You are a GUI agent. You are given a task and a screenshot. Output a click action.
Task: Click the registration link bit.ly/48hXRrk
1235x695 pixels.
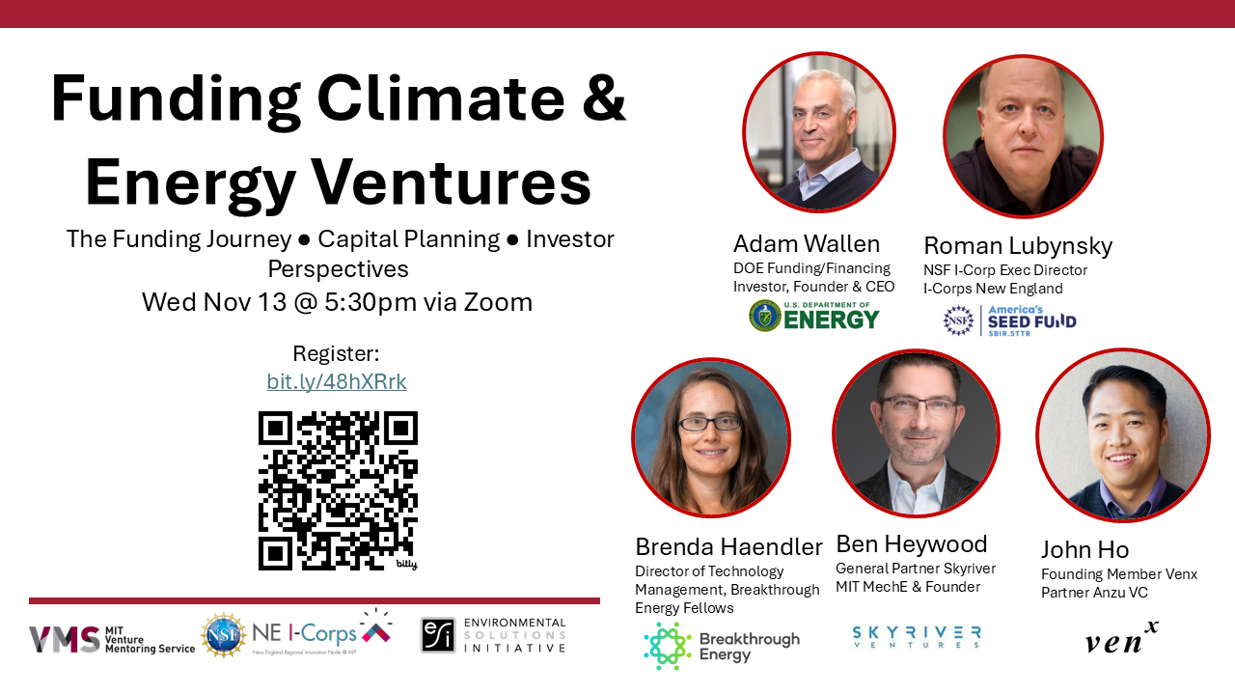pos(337,381)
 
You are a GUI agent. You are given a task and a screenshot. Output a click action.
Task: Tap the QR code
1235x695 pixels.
pos(338,490)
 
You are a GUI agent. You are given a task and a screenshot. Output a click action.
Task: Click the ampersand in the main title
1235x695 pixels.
pos(604,98)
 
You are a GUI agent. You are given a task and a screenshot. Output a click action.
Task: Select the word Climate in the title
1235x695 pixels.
pos(441,98)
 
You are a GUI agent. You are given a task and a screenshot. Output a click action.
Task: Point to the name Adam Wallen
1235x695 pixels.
pos(807,244)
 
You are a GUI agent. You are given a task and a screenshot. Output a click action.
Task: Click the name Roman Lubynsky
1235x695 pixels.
pos(1018,246)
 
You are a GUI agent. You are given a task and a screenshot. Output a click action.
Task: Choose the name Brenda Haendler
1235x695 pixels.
pos(728,547)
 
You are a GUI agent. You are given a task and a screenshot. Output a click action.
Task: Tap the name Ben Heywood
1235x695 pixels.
pos(912,544)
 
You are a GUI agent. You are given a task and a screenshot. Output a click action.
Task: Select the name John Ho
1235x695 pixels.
pos(1084,550)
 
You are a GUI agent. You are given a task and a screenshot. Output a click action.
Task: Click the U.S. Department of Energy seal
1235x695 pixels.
pos(765,316)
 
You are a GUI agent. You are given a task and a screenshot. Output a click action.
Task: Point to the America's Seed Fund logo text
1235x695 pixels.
pos(1031,320)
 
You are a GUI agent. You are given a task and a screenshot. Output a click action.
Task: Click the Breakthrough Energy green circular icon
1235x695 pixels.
pos(668,646)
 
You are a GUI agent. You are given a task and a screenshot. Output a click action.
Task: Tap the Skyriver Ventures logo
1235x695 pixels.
pos(917,637)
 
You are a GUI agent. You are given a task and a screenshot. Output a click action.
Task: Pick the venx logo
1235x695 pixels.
pos(1121,638)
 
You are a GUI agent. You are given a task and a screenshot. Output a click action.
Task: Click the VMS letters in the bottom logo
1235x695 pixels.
pos(65,640)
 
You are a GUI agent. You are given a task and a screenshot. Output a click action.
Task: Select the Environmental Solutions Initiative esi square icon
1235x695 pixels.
pos(438,635)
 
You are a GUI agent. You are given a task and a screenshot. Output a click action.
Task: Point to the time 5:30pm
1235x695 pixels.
pos(370,302)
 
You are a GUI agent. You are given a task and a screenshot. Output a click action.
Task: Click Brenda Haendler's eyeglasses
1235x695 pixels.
pos(709,424)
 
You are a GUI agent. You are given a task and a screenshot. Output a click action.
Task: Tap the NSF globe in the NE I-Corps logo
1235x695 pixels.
pos(223,635)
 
